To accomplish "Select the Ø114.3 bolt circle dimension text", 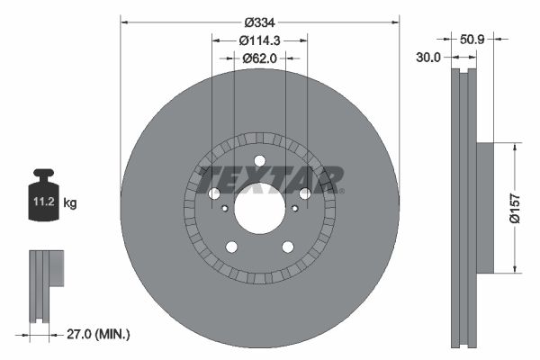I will point(259,40).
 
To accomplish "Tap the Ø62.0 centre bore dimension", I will point(259,58).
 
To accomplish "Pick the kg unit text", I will point(70,204).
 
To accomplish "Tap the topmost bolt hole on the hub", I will point(259,160).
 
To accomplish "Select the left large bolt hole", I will point(214,193).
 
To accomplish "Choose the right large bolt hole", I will point(304,193).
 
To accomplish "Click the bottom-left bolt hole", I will point(231,247).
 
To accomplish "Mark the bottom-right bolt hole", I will point(287,247).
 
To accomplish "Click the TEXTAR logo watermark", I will point(270,177).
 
